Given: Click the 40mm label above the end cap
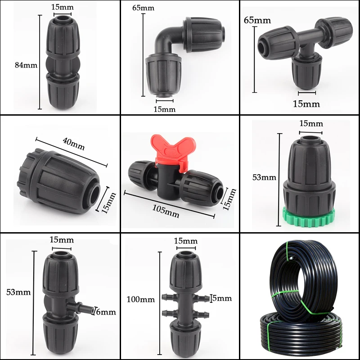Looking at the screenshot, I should [73, 144].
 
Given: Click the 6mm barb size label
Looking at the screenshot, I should [106, 311].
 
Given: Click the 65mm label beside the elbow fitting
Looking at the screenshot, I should [144, 8].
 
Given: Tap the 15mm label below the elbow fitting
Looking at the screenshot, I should [164, 109].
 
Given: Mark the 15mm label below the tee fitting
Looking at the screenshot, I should [306, 104].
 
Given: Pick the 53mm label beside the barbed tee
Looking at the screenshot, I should [19, 292].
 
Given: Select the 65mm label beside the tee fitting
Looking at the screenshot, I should [257, 20].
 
